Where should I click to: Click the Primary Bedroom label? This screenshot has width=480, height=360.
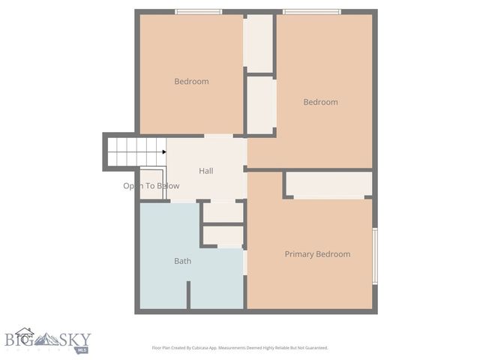[x=317, y=254]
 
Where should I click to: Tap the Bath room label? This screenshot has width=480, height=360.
[x=182, y=262]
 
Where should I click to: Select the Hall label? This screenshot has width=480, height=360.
[x=205, y=171]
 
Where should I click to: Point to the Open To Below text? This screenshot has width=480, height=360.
[x=151, y=186]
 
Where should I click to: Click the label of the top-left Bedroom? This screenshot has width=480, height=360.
[x=191, y=82]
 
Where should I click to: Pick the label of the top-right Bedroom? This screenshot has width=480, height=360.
[x=320, y=102]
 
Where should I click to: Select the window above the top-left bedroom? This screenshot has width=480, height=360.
[x=198, y=11]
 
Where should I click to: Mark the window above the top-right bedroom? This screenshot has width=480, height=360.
[x=312, y=11]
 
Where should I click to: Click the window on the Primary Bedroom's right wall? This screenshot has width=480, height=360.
[x=374, y=255]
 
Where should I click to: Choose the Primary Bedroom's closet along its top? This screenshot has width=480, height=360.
[x=329, y=184]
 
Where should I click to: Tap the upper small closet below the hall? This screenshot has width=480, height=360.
[x=223, y=212]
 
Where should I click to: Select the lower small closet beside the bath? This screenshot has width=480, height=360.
[x=223, y=237]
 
